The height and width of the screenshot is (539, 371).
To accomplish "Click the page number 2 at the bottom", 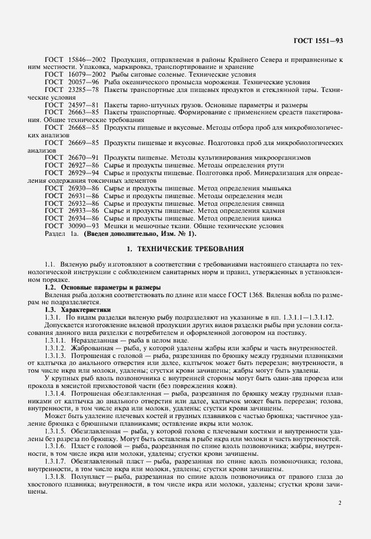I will coord(340,504).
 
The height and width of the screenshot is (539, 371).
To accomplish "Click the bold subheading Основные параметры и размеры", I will coord(101,287).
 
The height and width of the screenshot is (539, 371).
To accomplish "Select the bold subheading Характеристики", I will coord(86,310).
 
